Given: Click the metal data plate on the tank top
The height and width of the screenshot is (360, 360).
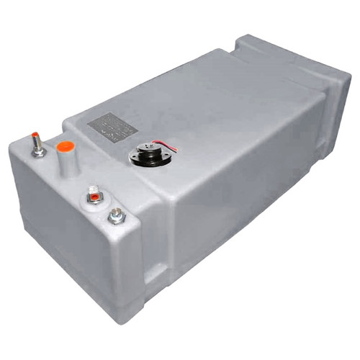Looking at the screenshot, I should [x=112, y=127].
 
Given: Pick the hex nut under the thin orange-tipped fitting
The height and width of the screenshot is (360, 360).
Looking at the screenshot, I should [x=38, y=153].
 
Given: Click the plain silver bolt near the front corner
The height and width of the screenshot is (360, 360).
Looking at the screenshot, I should [x=116, y=215].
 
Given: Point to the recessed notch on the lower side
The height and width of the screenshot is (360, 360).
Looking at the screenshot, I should [x=155, y=273].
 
